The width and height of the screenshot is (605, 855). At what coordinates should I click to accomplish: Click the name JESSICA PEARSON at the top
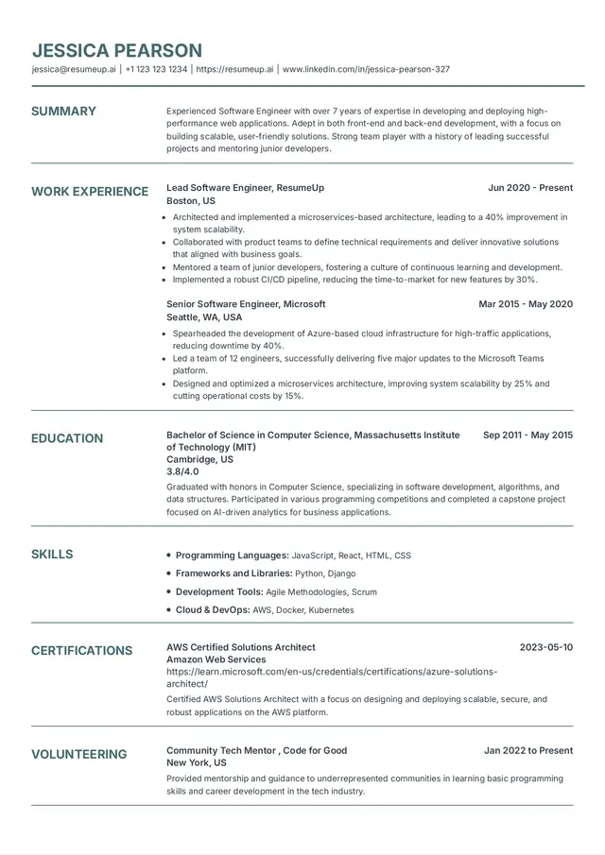[117, 51]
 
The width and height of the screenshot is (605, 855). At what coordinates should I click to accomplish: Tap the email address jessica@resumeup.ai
[74, 69]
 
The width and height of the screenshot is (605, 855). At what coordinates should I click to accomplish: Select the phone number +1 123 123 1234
[156, 69]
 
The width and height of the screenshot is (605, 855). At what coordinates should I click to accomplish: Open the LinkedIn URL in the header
[366, 69]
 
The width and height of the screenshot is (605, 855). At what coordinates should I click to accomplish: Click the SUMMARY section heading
[63, 111]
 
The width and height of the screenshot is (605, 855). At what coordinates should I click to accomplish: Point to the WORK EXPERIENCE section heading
[90, 192]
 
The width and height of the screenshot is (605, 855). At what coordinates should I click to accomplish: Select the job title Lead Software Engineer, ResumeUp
[245, 188]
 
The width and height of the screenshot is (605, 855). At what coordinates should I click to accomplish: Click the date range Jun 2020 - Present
[530, 188]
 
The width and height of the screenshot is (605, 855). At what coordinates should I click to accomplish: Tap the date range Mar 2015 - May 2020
[526, 304]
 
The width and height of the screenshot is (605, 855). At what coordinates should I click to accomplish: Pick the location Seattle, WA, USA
[204, 317]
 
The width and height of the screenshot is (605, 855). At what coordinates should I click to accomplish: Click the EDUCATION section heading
[67, 438]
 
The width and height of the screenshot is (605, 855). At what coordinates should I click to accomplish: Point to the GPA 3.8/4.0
[182, 471]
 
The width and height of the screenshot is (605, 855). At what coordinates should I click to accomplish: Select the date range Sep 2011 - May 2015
[527, 436]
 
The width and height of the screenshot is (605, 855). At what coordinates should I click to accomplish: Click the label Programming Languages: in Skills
[232, 556]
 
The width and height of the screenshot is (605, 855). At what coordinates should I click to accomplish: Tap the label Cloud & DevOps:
[213, 610]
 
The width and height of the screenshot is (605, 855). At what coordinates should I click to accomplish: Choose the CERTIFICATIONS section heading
[81, 651]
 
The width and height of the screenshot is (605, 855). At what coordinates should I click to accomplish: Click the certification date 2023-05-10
[546, 647]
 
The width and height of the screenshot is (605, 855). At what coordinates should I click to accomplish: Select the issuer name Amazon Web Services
[216, 659]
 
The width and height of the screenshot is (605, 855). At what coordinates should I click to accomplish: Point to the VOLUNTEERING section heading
[78, 755]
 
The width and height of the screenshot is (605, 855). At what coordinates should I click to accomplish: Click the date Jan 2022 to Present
[528, 751]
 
